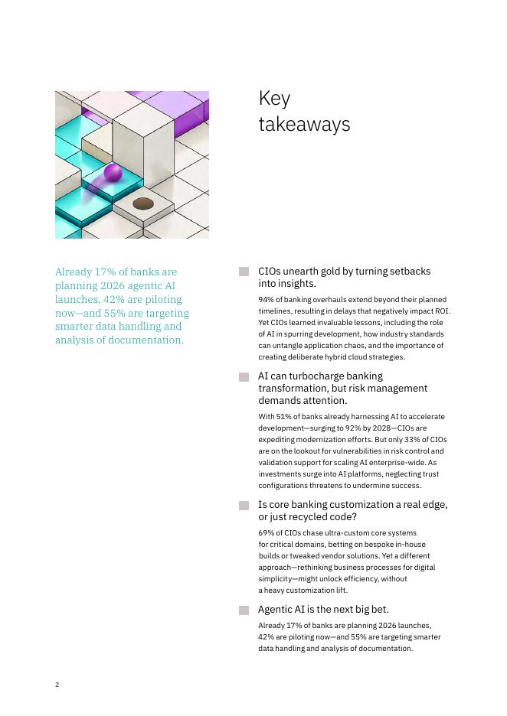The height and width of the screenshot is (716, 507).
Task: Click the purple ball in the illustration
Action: (113, 173)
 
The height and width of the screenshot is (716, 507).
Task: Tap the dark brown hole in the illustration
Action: (143, 203)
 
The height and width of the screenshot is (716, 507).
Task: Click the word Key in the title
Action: (274, 99)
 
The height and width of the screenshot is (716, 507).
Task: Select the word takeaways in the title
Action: (304, 125)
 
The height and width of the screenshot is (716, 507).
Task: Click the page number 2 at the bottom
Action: (57, 685)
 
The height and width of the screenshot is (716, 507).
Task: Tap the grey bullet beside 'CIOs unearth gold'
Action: (244, 272)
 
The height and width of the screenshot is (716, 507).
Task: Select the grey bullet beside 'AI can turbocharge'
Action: (244, 376)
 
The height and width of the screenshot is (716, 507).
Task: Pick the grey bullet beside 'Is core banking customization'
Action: (244, 505)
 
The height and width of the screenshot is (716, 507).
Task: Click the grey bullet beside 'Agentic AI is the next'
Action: (244, 610)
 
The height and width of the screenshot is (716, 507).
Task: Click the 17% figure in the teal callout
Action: (101, 272)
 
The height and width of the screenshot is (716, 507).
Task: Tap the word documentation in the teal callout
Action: (146, 340)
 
